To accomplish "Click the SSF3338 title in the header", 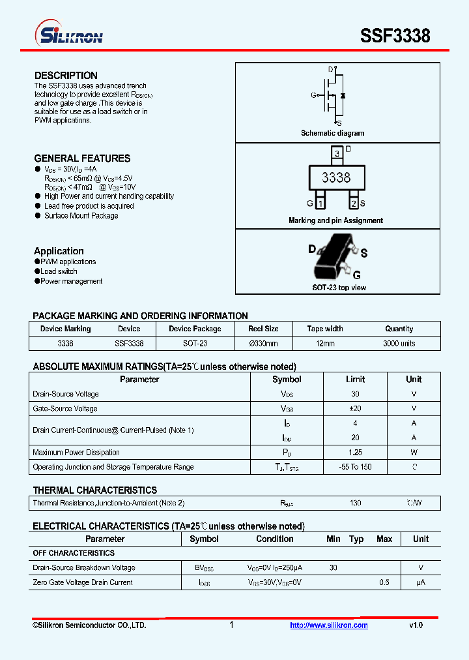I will pyautogui.click(x=395, y=36).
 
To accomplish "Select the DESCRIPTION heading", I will pyautogui.click(x=66, y=76).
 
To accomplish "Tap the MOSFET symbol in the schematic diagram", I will pyautogui.click(x=335, y=95).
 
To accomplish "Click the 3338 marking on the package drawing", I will pyautogui.click(x=336, y=177).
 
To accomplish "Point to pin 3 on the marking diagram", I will pyautogui.click(x=336, y=154).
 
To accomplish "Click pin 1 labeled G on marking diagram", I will pyautogui.click(x=320, y=203).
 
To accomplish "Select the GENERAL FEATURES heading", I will pyautogui.click(x=82, y=158).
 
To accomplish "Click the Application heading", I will pyautogui.click(x=59, y=251).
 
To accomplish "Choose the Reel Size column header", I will pyautogui.click(x=263, y=329).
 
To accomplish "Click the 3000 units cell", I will pyautogui.click(x=399, y=343).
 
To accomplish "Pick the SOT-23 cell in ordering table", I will pyautogui.click(x=195, y=343).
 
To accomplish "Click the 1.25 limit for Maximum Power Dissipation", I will pyautogui.click(x=355, y=453).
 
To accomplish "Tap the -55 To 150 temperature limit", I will pyautogui.click(x=355, y=467).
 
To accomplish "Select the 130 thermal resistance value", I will pyautogui.click(x=355, y=503).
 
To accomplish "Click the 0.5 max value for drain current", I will pyautogui.click(x=384, y=582).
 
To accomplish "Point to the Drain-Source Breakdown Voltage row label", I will pyautogui.click(x=84, y=568).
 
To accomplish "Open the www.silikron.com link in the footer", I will pyautogui.click(x=328, y=625).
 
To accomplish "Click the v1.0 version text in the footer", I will pyautogui.click(x=416, y=625).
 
